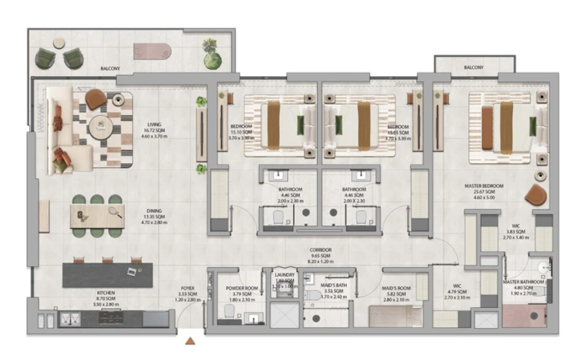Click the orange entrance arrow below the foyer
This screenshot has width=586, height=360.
[x=190, y=340]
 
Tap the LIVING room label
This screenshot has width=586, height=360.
[x=154, y=124]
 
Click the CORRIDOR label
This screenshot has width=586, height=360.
[x=320, y=250]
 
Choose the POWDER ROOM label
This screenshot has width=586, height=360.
[x=243, y=288]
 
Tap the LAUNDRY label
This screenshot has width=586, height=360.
[x=285, y=275]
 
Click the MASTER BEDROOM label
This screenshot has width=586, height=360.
[x=484, y=186]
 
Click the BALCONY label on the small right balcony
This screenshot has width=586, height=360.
[x=473, y=67]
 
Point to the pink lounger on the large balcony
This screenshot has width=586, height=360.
[x=151, y=51]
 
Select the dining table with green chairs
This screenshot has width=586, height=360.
[x=96, y=215]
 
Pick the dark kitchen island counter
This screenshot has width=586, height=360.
[x=107, y=275]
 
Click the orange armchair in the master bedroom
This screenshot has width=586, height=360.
[x=537, y=194]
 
